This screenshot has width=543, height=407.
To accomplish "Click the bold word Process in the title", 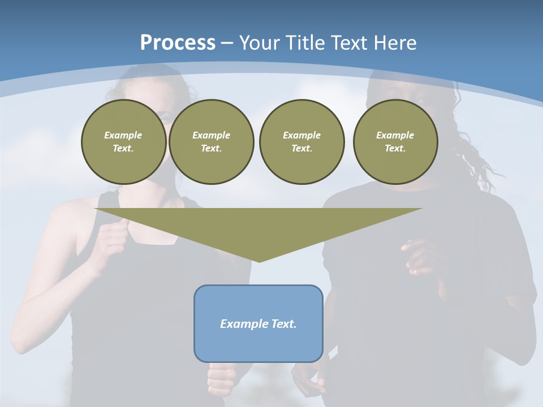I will click(178, 43).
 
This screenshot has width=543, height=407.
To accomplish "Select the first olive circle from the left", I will click(123, 142).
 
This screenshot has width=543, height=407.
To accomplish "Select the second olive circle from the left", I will click(211, 142).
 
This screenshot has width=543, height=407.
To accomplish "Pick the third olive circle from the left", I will click(301, 142).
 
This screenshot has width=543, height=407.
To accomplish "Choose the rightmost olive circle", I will click(395, 142).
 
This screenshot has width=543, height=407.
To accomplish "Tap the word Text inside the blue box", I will click(285, 324).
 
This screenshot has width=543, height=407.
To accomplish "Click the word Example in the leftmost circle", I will click(123, 135).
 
